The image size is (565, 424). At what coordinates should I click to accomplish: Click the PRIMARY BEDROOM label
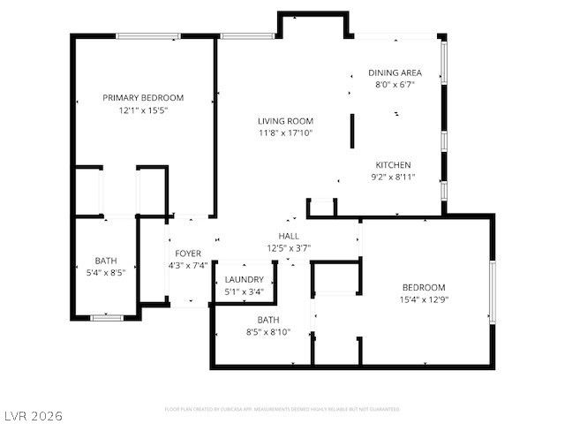point(143,97)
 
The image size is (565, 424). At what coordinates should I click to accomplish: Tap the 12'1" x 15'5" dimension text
point(143,111)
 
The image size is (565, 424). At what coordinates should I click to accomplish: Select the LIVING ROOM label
point(285,121)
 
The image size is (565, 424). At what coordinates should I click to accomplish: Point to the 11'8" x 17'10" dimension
point(285,133)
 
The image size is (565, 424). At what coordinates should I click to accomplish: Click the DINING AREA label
point(395,72)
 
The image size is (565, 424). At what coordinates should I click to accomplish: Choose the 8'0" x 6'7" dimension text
point(395,85)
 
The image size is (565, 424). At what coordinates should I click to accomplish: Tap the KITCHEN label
point(393,165)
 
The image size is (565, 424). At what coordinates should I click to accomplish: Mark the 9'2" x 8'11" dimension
point(393,178)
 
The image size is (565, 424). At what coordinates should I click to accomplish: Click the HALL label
point(289,236)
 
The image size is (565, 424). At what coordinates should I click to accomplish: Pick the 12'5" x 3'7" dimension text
point(289,247)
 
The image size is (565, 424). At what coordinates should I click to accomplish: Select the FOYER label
point(187,254)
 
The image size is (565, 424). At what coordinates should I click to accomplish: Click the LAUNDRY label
point(245,279)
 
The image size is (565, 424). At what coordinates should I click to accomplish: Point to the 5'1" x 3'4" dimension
point(245,291)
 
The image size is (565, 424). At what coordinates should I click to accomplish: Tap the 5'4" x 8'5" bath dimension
point(106,273)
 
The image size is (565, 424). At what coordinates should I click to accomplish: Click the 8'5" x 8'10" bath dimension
point(268,332)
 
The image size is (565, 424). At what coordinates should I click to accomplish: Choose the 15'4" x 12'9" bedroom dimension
point(424,299)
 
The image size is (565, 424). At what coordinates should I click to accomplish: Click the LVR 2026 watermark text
point(33,414)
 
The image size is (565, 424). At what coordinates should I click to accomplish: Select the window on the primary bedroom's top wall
point(144,36)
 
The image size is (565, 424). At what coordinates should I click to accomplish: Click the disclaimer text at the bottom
point(282,409)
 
